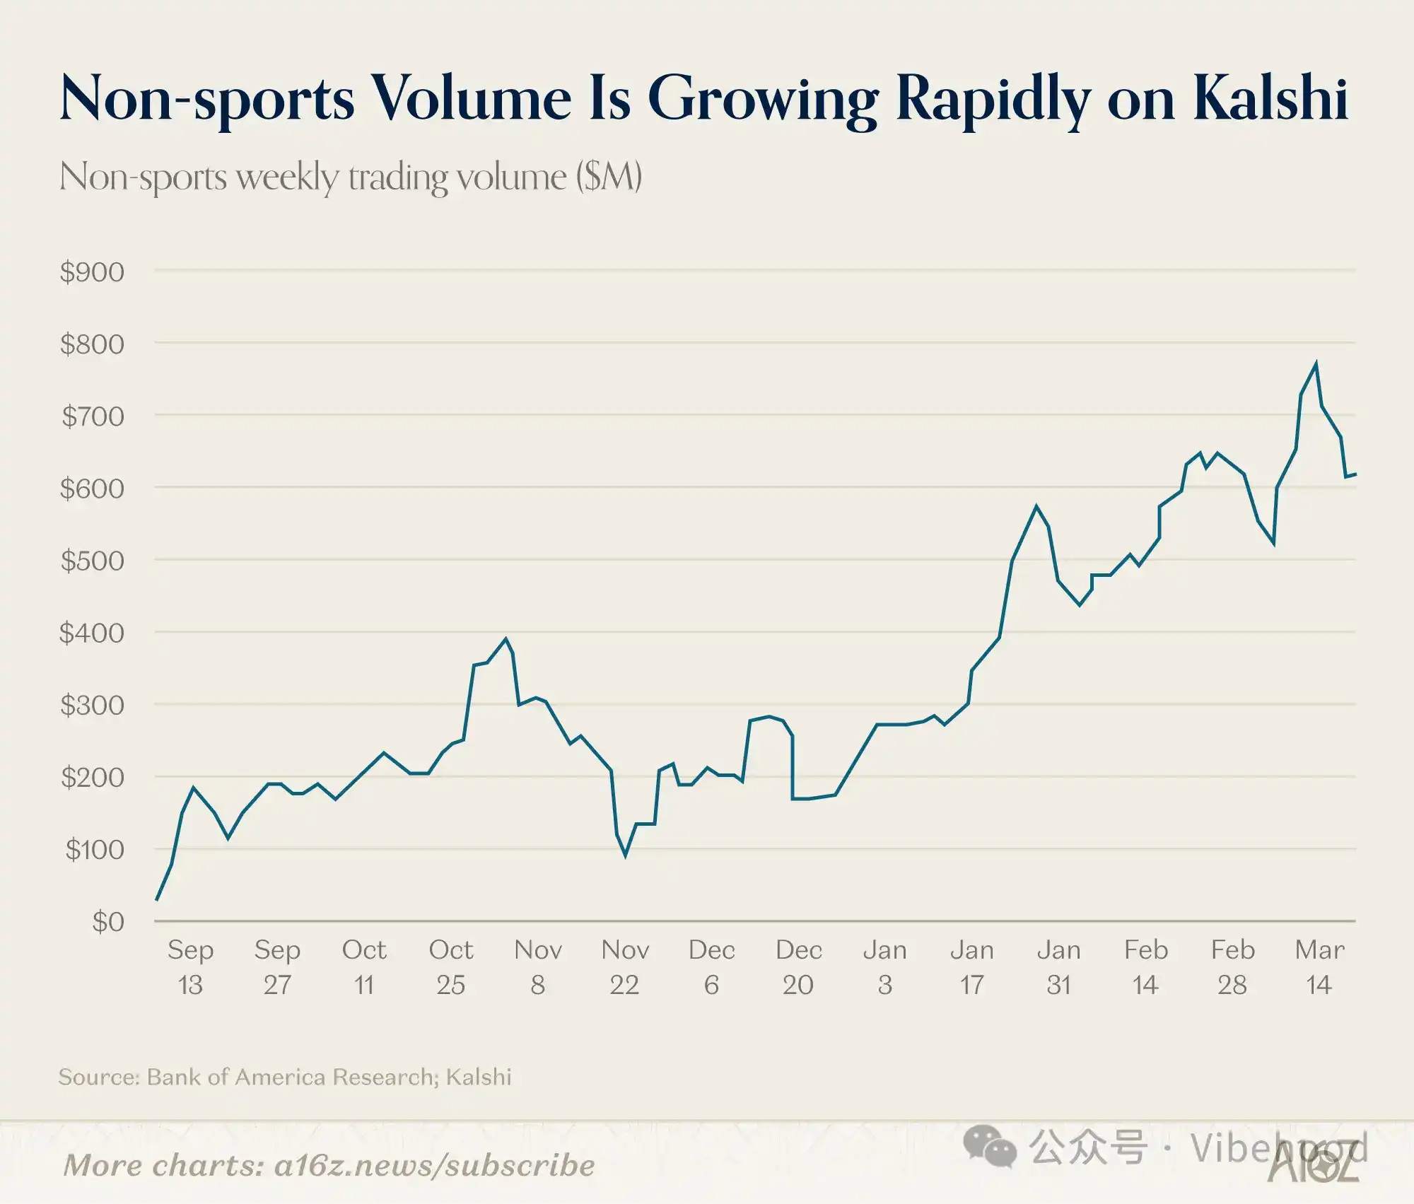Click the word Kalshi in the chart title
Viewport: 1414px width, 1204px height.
click(1270, 99)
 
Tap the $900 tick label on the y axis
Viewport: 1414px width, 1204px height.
click(93, 272)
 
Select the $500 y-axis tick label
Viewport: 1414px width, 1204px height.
click(93, 561)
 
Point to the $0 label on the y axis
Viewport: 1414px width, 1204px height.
click(108, 922)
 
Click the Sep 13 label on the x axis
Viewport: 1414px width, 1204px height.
click(190, 967)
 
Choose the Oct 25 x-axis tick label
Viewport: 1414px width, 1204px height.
click(451, 967)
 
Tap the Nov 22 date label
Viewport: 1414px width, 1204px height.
click(625, 967)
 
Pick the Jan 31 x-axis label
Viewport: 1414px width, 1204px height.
click(1058, 967)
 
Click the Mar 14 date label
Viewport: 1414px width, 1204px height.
click(1319, 967)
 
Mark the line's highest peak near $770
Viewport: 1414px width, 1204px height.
click(1316, 364)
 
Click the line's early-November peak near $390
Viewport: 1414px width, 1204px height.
click(506, 639)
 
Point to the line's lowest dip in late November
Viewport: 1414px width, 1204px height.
click(626, 855)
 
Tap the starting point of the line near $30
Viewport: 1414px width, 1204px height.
click(156, 899)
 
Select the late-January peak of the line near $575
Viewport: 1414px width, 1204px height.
click(1036, 506)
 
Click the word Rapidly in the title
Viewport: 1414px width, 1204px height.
click(993, 99)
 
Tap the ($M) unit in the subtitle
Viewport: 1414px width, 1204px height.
click(609, 177)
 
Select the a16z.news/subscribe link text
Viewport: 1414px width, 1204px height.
click(434, 1166)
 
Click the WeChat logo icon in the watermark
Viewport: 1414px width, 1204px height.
click(990, 1147)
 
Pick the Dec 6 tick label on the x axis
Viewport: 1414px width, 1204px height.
click(711, 967)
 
